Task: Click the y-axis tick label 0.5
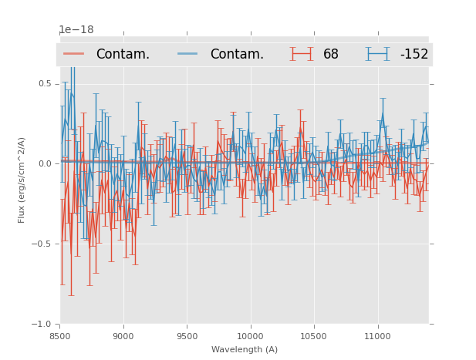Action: [x=45, y=83]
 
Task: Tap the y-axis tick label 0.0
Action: [x=45, y=163]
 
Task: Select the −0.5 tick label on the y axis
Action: [x=43, y=244]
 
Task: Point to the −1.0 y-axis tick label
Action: [x=43, y=324]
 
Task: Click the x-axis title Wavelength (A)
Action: [x=245, y=349]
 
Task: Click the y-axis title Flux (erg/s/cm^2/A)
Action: [x=22, y=180]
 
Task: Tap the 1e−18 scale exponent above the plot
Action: [x=76, y=30]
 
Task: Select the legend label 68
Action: [x=331, y=54]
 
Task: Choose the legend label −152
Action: [x=414, y=54]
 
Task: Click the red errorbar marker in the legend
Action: [x=302, y=54]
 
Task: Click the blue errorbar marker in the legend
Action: [x=378, y=54]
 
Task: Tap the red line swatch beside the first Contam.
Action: [x=74, y=54]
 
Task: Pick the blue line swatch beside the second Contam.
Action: [x=188, y=54]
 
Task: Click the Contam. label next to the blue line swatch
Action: [x=237, y=54]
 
